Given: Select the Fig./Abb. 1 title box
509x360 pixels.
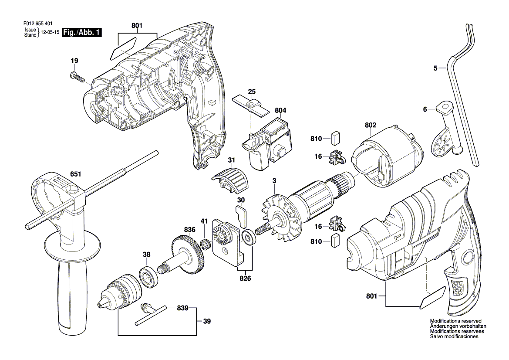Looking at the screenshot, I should tap(82, 33).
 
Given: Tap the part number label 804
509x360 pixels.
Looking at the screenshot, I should tap(280, 111).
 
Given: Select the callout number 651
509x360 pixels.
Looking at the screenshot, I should tap(76, 174).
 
